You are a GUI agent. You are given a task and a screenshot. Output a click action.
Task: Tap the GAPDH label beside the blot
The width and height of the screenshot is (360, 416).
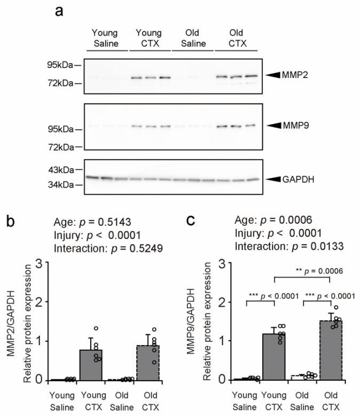[300, 179]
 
